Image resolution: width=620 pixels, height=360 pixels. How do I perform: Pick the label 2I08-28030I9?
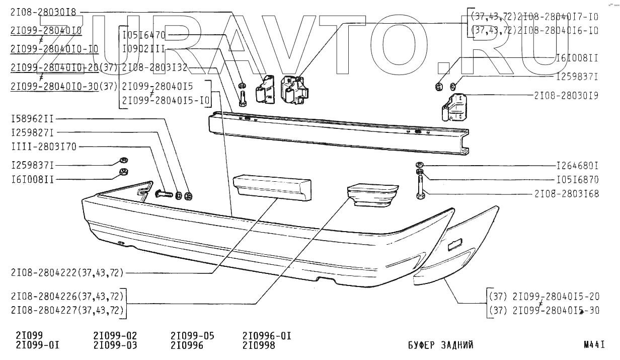[x=566, y=95]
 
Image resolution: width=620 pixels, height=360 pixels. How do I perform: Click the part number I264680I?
[x=577, y=166]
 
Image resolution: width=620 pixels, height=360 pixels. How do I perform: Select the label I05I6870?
[x=577, y=179]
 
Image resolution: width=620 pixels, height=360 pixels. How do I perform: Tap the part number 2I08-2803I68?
[x=566, y=193]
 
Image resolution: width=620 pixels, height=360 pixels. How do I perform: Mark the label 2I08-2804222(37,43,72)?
[x=67, y=272]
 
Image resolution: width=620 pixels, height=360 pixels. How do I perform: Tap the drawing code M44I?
[x=594, y=345]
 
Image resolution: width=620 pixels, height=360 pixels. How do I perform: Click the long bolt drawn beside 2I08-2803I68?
[x=420, y=186]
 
